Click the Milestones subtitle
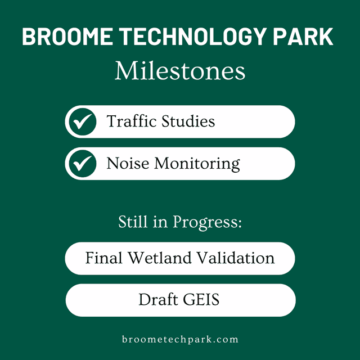(x=180, y=71)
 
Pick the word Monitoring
(x=197, y=164)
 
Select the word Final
(x=104, y=258)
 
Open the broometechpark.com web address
(x=180, y=339)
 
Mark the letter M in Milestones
(x=126, y=71)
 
